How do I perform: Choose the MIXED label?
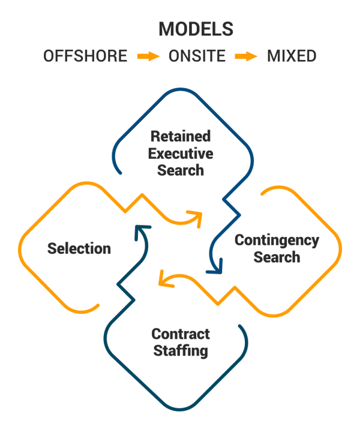(292, 57)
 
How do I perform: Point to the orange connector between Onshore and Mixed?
(248, 57)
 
